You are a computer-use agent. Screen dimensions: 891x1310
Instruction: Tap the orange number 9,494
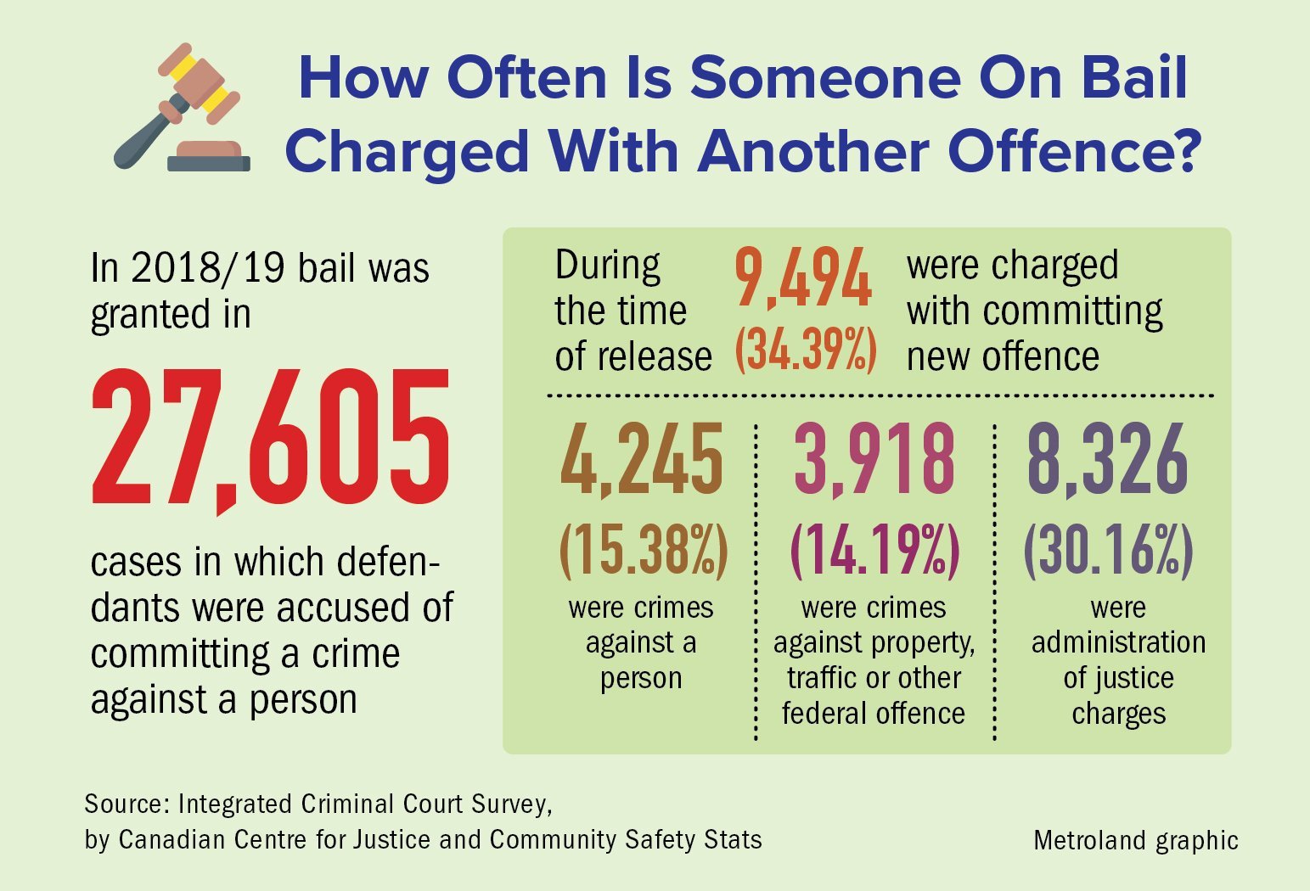pyautogui.click(x=802, y=277)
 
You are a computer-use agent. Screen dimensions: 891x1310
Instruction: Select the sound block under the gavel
pyautogui.click(x=209, y=156)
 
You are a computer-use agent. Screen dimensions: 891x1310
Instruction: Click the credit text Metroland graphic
pyautogui.click(x=1135, y=840)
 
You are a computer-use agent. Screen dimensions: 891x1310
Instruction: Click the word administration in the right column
pyautogui.click(x=1118, y=642)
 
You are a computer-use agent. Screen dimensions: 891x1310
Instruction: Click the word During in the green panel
pyautogui.click(x=607, y=266)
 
